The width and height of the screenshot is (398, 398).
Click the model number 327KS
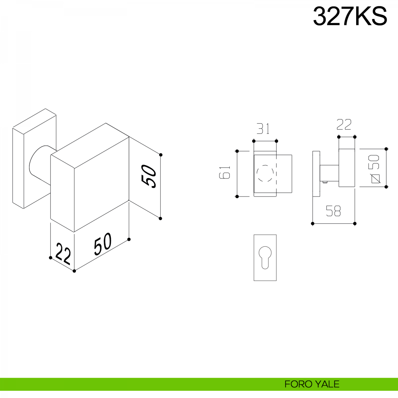(x=350, y=16)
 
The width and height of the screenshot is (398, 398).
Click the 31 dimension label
(x=263, y=129)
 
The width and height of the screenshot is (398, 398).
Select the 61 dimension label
(x=225, y=172)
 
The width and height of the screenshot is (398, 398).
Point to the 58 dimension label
(x=333, y=211)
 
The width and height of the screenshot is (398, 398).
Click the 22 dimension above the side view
(x=344, y=124)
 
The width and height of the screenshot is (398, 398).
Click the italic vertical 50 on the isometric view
(x=148, y=176)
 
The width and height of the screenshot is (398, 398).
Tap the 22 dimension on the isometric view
(x=63, y=254)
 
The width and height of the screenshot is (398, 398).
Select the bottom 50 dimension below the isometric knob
(x=102, y=244)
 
